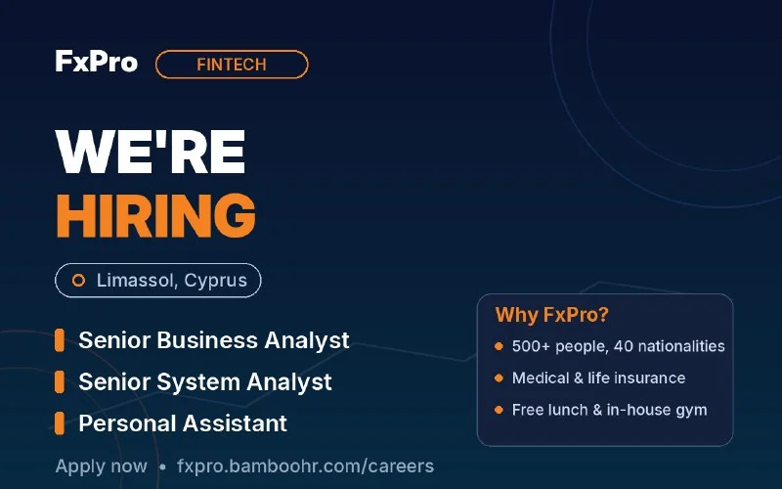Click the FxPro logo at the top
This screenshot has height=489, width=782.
coord(96,62)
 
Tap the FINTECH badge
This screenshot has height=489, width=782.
coord(232,65)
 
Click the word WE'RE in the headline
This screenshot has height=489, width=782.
coord(151,152)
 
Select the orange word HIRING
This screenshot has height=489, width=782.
coord(155,215)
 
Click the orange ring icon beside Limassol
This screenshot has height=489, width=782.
coord(78,281)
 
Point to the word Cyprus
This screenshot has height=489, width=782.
coord(215,281)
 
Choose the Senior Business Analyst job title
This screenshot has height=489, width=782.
coord(214,340)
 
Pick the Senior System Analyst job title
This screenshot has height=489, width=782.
coord(205,382)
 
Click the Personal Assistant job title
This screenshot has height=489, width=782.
coord(183,423)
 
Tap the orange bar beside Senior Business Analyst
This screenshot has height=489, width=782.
coord(60,340)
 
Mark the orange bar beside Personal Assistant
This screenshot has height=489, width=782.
coord(60,423)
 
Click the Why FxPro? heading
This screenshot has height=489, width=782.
coord(552,315)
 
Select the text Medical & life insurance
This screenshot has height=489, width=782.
coord(598,378)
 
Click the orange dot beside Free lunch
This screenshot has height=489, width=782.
coord(499,410)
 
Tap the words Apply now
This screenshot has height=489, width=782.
coord(102,467)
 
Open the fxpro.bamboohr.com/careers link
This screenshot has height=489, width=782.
coord(305,467)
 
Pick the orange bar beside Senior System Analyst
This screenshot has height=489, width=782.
coord(60,381)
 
